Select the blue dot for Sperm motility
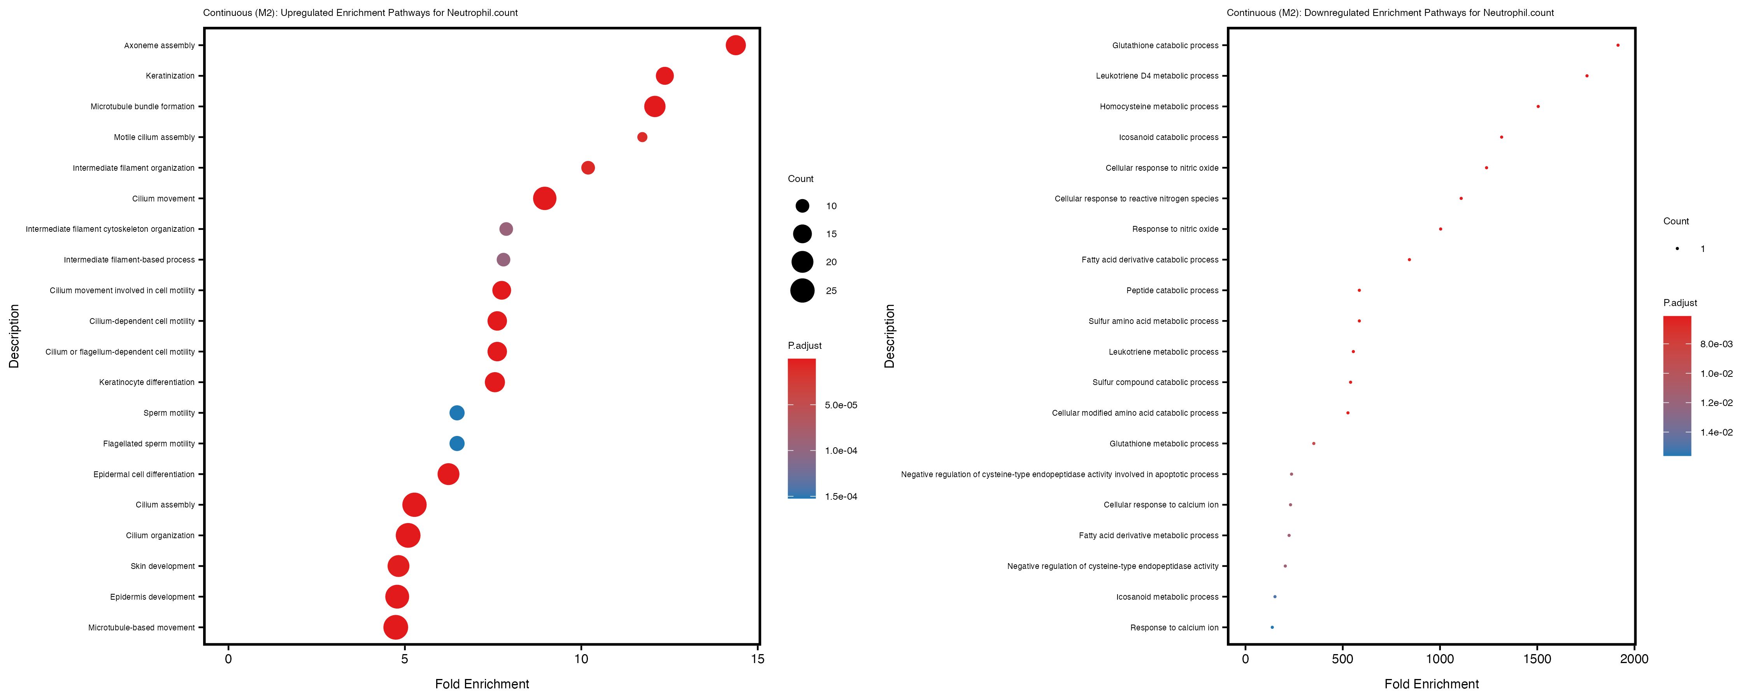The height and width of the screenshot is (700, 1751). click(457, 413)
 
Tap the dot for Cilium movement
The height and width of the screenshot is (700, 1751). click(544, 198)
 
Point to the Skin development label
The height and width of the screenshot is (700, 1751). click(163, 566)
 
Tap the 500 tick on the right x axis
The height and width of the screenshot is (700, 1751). click(1342, 658)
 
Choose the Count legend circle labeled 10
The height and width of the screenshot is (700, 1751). click(802, 206)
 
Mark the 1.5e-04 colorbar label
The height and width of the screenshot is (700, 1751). click(841, 497)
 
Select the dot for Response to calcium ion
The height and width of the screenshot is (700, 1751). click(1272, 627)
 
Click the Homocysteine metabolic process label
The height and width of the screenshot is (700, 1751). click(1159, 107)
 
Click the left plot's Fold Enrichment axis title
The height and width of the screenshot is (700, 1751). click(482, 684)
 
